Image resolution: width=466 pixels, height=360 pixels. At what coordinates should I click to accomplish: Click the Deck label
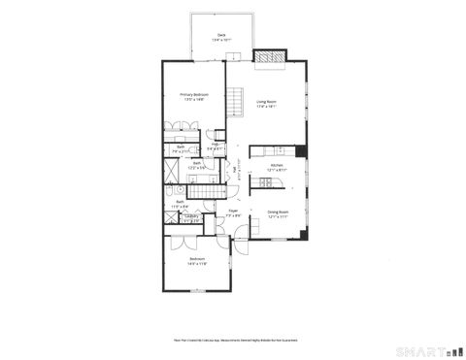click(x=221, y=34)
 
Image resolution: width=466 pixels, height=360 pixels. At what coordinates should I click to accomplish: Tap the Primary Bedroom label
click(x=194, y=93)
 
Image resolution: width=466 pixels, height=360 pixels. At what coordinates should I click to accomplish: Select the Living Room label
click(x=267, y=101)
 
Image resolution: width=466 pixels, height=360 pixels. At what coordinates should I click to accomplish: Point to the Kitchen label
click(x=277, y=164)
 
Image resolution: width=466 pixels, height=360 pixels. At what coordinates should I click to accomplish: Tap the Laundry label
click(x=192, y=215)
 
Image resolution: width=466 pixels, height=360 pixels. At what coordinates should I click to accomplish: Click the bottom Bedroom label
click(x=197, y=258)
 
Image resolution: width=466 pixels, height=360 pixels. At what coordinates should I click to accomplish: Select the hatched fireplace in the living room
click(x=268, y=55)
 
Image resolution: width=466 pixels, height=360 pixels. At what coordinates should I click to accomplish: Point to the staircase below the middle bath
click(x=206, y=191)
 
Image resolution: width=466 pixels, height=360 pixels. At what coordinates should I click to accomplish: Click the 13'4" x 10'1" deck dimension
click(x=221, y=39)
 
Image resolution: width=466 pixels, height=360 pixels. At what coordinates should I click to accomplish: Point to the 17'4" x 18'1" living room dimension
click(x=267, y=107)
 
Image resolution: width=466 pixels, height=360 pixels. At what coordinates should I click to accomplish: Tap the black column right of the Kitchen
click(x=301, y=150)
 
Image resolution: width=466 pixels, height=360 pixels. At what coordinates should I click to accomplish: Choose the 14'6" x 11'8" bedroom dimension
click(x=197, y=264)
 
